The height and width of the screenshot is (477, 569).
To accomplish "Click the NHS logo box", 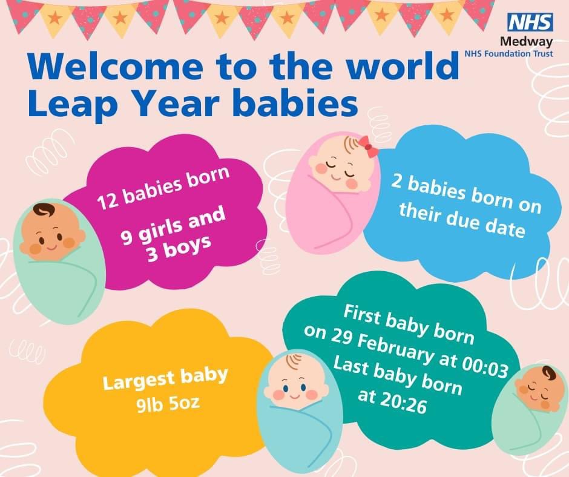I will (530, 22).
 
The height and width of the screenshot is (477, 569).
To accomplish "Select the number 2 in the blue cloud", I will (396, 183).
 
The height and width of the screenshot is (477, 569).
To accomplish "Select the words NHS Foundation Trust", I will (508, 53).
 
